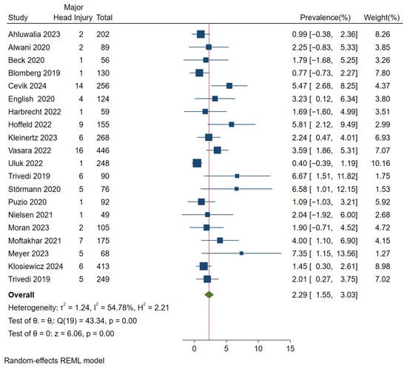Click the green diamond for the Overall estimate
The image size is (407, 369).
pos(209,295)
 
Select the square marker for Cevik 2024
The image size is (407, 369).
pos(229,86)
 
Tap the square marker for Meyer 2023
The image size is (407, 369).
pos(241,253)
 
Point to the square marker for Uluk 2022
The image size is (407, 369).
pos(197,163)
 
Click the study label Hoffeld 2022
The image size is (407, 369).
pos(30,124)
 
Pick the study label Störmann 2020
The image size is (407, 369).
pos(35,189)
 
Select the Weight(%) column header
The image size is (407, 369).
pos(382,18)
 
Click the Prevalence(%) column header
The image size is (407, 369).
pos(326,18)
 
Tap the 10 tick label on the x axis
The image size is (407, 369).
pos(258,349)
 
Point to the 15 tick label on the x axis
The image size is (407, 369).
pos(290,349)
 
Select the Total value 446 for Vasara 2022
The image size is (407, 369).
pos(103,150)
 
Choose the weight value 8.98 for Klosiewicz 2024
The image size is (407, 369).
pos(383,266)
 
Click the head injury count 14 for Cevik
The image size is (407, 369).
pos(79,86)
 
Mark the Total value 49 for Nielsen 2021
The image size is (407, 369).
pos(105,215)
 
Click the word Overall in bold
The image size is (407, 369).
pos(21,295)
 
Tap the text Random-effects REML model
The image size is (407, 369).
pos(54,361)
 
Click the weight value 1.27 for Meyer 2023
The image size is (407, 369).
pos(383,253)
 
